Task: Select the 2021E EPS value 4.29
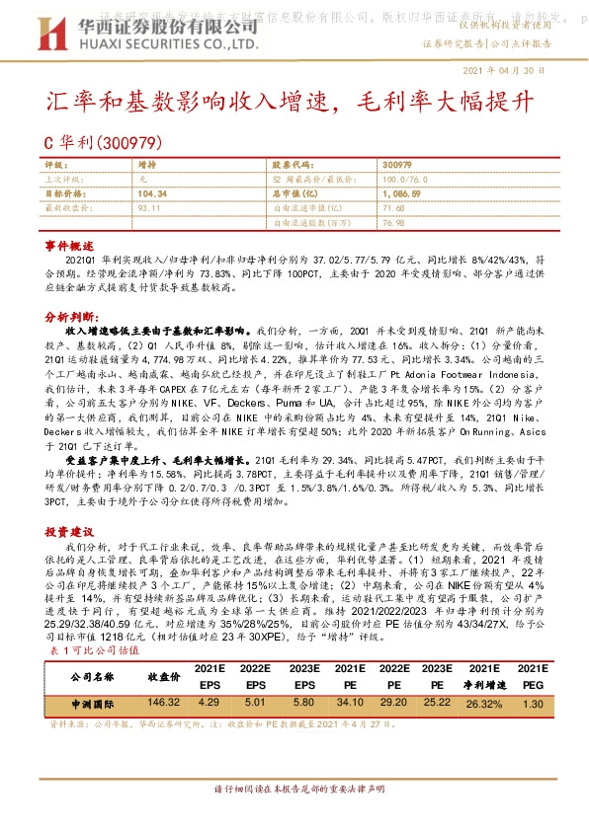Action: click(208, 703)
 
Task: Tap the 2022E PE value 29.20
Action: click(394, 703)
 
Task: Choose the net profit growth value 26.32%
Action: click(485, 703)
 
